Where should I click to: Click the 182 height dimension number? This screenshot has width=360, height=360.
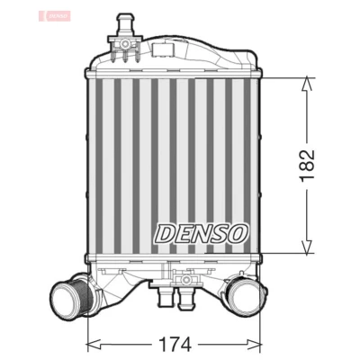click(307, 164)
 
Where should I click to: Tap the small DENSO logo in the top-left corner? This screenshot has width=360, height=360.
click(55, 16)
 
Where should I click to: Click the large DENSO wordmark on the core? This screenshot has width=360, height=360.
click(202, 234)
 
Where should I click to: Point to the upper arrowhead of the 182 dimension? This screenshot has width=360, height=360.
click(307, 84)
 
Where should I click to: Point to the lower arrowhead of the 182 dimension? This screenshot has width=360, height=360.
click(307, 247)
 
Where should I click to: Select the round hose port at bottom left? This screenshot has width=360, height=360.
click(71, 294)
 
